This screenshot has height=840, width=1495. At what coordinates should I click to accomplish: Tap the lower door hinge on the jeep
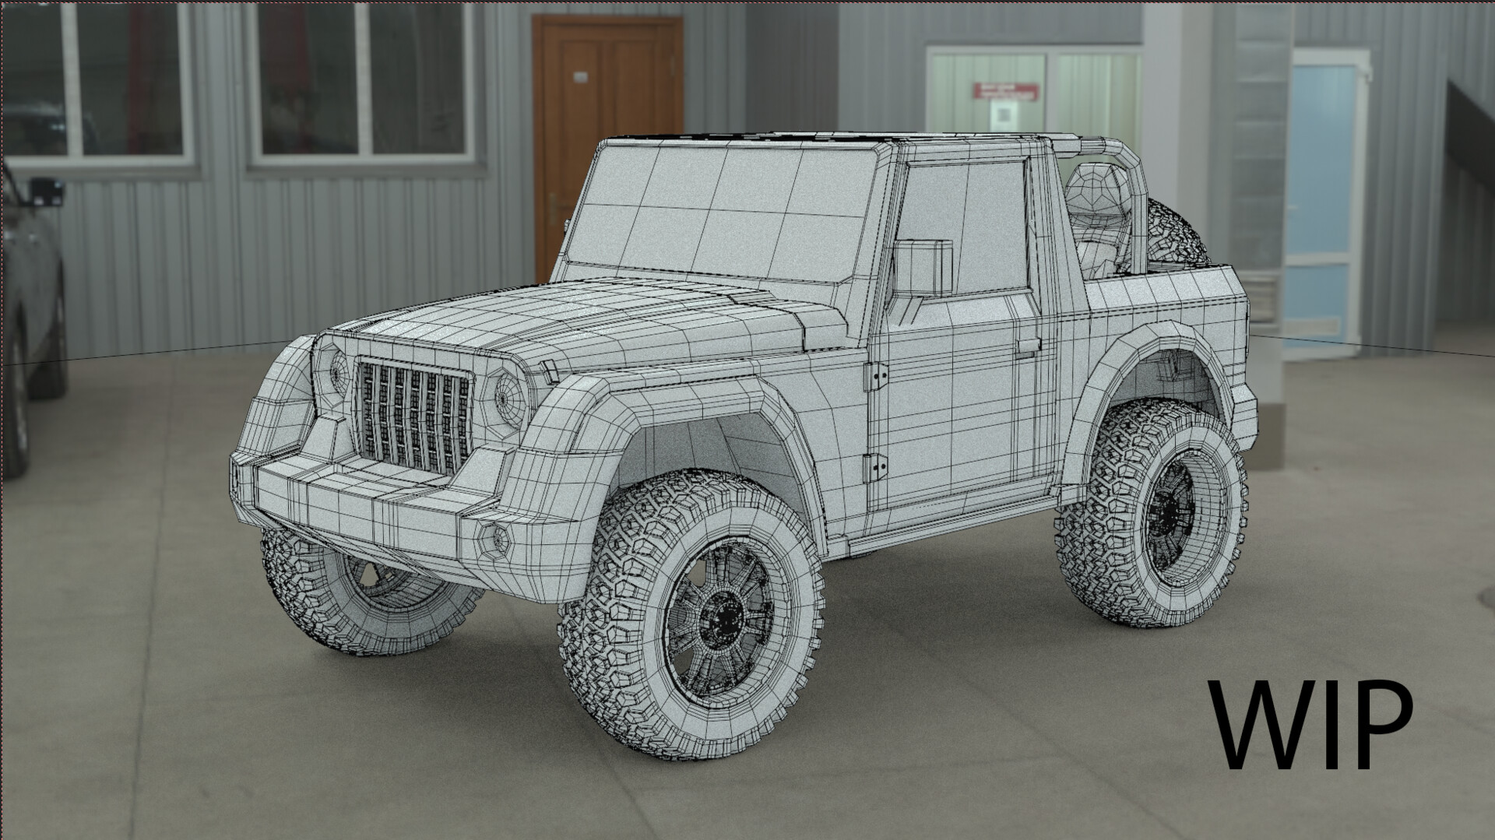click(x=876, y=468)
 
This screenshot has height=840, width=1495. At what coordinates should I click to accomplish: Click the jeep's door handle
click(x=1028, y=345)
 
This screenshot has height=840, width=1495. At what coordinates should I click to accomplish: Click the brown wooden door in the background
click(x=607, y=132)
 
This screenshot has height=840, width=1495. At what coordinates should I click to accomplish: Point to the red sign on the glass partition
click(x=1004, y=92)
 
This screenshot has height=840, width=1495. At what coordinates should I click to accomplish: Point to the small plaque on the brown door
click(x=581, y=76)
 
